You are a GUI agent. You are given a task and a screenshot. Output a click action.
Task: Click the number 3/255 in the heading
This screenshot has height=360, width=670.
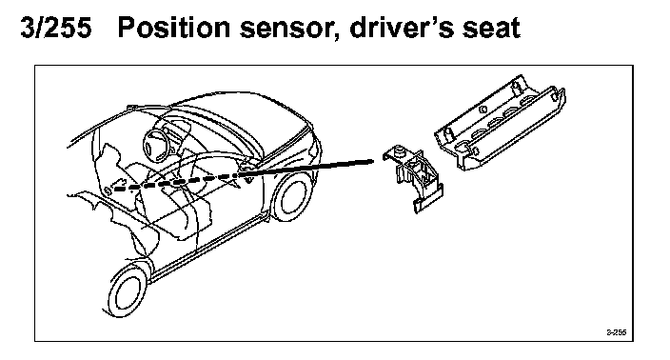(56, 28)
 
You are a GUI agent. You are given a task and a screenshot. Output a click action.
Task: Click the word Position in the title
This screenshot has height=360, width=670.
(174, 28)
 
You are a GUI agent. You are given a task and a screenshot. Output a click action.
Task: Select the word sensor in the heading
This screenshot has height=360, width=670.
(286, 30)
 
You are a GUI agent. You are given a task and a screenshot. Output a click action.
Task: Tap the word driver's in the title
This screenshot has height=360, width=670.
(398, 28)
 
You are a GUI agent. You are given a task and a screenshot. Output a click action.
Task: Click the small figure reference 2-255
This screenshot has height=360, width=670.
(616, 332)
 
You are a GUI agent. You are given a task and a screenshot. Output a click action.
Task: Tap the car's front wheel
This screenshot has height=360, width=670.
(126, 291)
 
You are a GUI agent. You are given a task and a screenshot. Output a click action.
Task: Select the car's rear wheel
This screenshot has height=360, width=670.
(293, 196)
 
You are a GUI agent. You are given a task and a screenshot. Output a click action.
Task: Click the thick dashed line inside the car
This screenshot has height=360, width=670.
(175, 183)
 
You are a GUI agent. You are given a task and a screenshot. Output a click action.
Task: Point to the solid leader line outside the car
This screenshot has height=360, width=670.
(306, 168)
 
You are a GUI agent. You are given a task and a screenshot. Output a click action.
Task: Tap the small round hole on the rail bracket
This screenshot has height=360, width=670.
(483, 109)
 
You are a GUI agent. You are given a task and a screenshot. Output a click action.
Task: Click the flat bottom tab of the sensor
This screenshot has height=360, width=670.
(428, 201)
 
